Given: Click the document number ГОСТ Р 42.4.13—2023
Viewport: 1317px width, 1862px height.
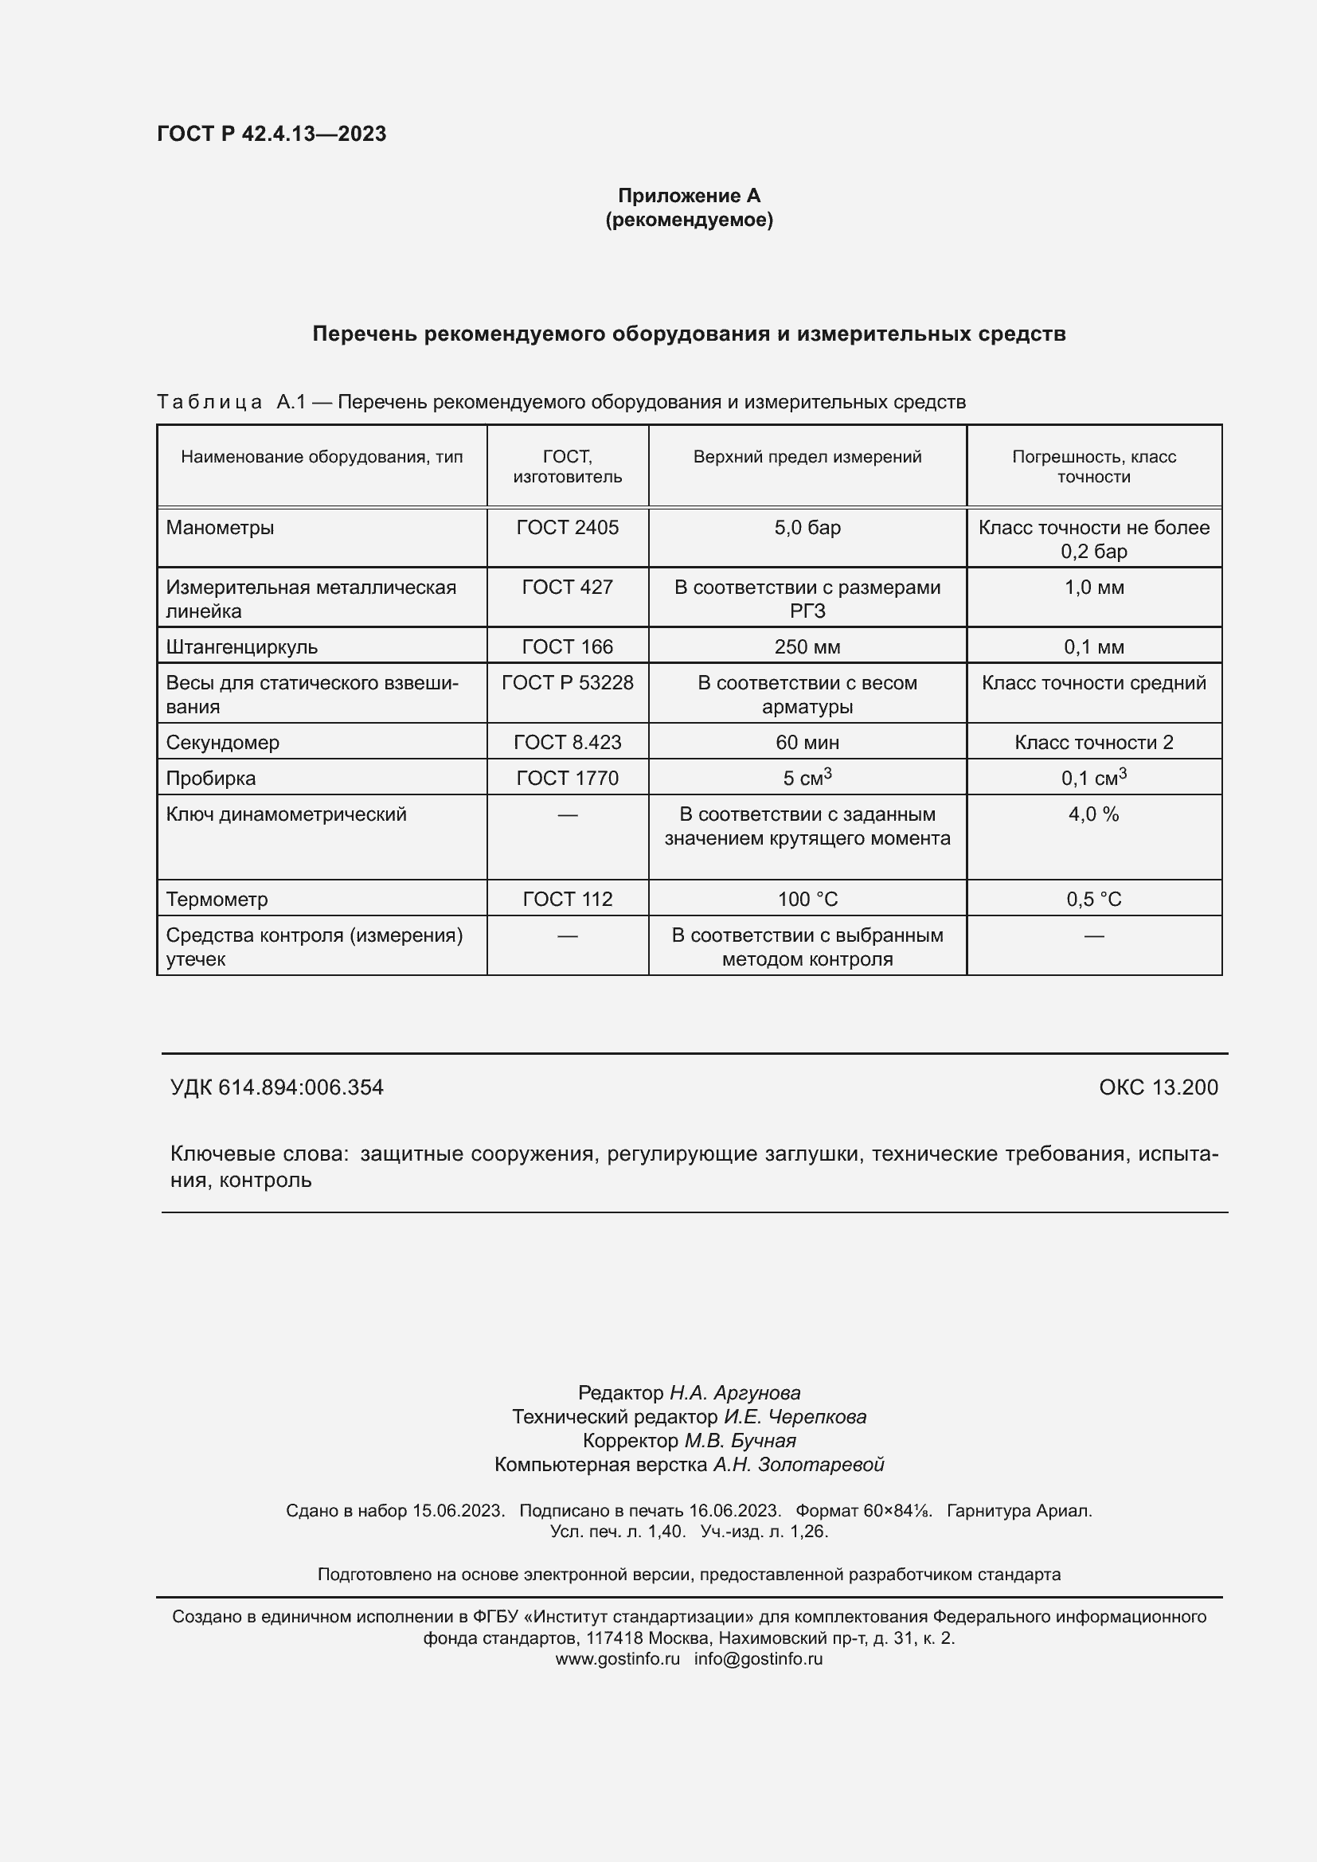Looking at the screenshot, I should pos(272,134).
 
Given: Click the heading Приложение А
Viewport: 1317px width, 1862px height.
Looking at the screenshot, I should pos(689,196).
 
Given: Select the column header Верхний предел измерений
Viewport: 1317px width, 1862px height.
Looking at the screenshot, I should pos(807,457).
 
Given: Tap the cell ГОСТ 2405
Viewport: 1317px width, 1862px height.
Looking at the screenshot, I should pos(567,528).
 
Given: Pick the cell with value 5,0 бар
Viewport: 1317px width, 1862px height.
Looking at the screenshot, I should pos(807,528).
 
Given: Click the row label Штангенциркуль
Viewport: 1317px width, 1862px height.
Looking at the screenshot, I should pos(242,647).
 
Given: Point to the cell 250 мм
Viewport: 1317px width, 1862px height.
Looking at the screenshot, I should pos(807,647).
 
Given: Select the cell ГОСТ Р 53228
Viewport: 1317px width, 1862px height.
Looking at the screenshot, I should pos(567,683).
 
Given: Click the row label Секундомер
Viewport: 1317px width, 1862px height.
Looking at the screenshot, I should pos(222,743).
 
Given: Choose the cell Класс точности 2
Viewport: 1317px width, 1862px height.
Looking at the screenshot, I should pos(1093,743).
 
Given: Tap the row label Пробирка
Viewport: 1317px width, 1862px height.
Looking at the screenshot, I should pos(211,779).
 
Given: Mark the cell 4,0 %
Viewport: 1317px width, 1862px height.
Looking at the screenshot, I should pos(1093,814).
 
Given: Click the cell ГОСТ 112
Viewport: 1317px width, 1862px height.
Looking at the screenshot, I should pos(567,900).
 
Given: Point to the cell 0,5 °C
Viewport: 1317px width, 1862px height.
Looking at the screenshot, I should pos(1093,900).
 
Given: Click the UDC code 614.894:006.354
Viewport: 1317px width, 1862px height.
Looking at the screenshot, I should pos(301,1087).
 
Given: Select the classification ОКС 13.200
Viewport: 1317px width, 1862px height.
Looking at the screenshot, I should pos(1158,1087).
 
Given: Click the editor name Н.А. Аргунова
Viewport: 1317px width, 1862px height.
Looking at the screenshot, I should pos(735,1393).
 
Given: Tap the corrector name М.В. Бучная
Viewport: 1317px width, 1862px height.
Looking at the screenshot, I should pos(741,1441).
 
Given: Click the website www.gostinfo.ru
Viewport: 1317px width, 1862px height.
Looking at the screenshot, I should pos(617,1659).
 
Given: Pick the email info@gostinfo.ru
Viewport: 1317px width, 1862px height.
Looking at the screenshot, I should pos(758,1659).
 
